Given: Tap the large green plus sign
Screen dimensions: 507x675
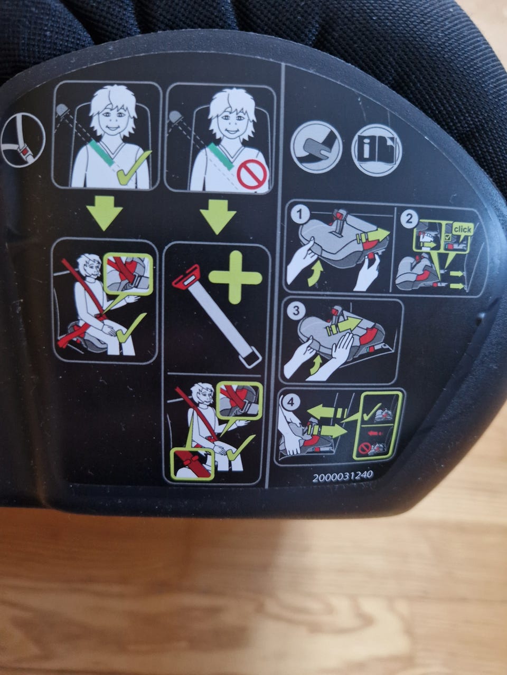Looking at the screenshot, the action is tap(236, 277).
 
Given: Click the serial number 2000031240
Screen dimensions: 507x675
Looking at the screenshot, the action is tap(343, 476).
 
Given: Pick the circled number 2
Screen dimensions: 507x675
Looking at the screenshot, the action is tap(409, 219).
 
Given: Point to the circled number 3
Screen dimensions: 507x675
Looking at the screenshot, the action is tap(296, 311).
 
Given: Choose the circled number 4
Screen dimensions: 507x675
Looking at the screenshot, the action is tap(290, 402).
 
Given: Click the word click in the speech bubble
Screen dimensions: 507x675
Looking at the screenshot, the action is tap(462, 229).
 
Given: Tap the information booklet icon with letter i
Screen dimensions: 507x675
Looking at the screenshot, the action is tap(377, 149).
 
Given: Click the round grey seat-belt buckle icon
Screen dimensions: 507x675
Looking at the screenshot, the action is tap(316, 147).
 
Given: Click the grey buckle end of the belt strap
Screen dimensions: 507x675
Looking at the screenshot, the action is tap(250, 356).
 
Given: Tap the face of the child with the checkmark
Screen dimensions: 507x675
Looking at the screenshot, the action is tap(111, 119).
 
